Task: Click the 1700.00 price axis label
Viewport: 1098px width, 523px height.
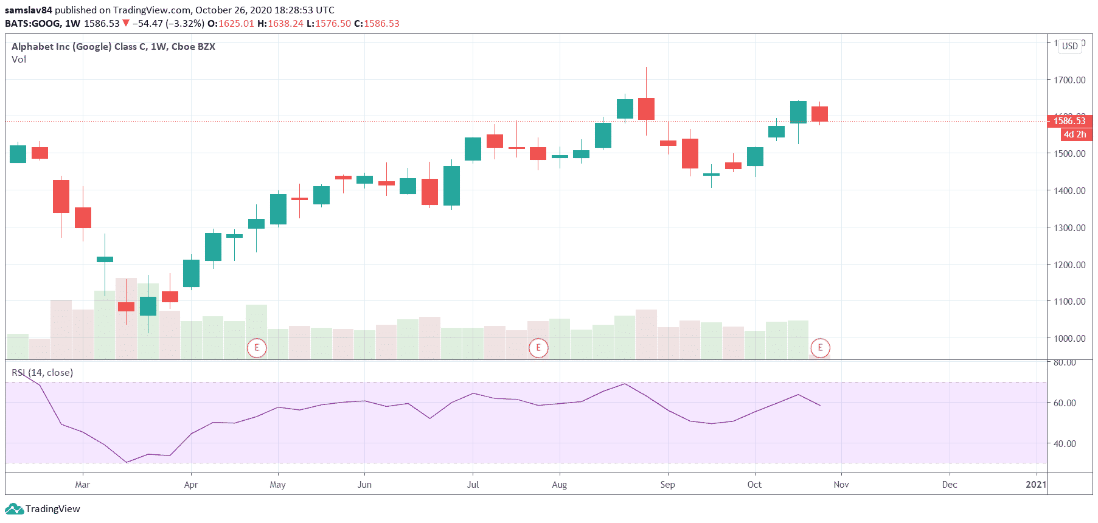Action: pos(1069,80)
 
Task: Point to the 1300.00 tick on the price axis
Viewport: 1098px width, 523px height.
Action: pos(1069,227)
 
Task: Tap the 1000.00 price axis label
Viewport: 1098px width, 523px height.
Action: pos(1069,338)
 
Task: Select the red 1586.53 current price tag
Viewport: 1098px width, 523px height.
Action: pos(1069,121)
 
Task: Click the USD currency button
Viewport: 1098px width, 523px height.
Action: pos(1070,46)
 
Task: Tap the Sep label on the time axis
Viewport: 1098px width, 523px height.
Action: pos(667,485)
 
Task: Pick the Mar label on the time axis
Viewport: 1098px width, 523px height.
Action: pos(82,485)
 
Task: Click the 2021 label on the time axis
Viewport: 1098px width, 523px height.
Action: pos(1035,485)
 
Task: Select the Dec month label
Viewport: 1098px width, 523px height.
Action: pos(949,485)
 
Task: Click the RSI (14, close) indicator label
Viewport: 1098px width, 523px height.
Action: pos(43,373)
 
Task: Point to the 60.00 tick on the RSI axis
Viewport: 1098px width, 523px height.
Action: pos(1065,403)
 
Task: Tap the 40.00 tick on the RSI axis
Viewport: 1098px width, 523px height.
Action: pos(1065,443)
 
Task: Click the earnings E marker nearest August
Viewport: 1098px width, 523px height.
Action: pos(538,348)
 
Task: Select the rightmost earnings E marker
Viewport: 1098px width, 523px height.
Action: pos(820,348)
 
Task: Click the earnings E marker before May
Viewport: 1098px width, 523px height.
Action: pos(257,348)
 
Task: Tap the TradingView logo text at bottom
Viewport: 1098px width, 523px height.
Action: pos(52,509)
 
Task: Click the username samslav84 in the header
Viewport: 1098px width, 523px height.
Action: pos(29,10)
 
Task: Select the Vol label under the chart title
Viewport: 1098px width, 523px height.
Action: pos(19,60)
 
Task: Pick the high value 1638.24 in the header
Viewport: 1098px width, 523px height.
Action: pos(285,24)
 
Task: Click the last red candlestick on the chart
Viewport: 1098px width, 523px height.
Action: pos(819,114)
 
